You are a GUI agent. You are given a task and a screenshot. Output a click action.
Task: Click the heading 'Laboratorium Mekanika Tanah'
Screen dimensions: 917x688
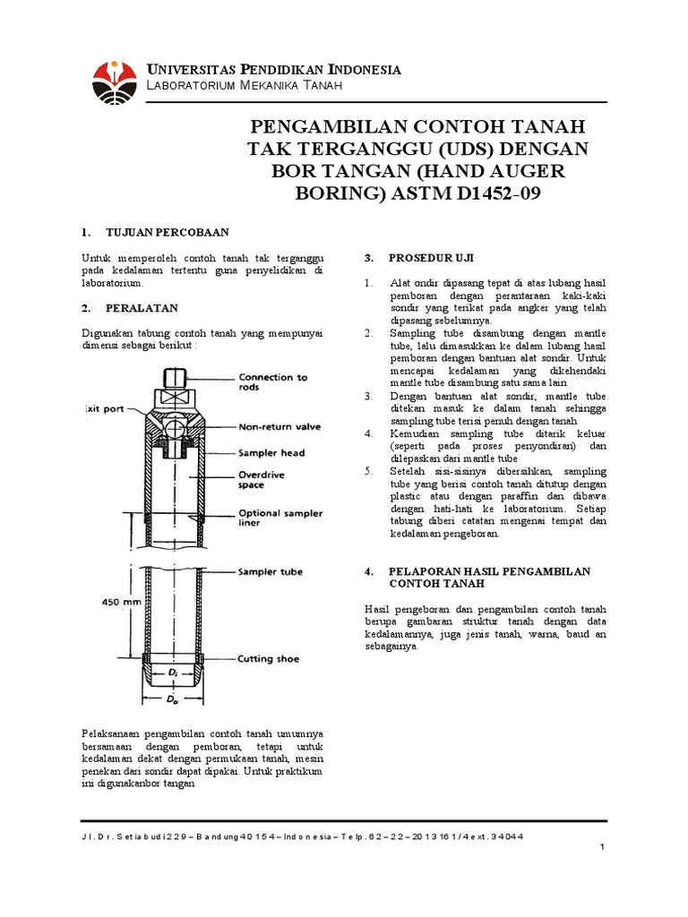[x=244, y=85]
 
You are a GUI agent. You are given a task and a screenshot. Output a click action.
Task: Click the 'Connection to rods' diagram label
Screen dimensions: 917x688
[x=272, y=382]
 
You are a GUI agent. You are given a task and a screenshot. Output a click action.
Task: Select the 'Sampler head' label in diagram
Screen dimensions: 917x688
[x=271, y=453]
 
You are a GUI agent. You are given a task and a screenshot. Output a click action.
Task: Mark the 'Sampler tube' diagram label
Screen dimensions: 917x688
[x=270, y=571]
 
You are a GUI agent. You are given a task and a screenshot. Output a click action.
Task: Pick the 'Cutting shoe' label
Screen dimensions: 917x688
[x=269, y=659]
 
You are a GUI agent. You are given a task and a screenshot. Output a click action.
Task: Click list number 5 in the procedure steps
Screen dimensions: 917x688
[x=368, y=470]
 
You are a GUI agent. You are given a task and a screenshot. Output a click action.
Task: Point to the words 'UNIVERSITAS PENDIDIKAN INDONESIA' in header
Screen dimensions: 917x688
[x=273, y=70]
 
